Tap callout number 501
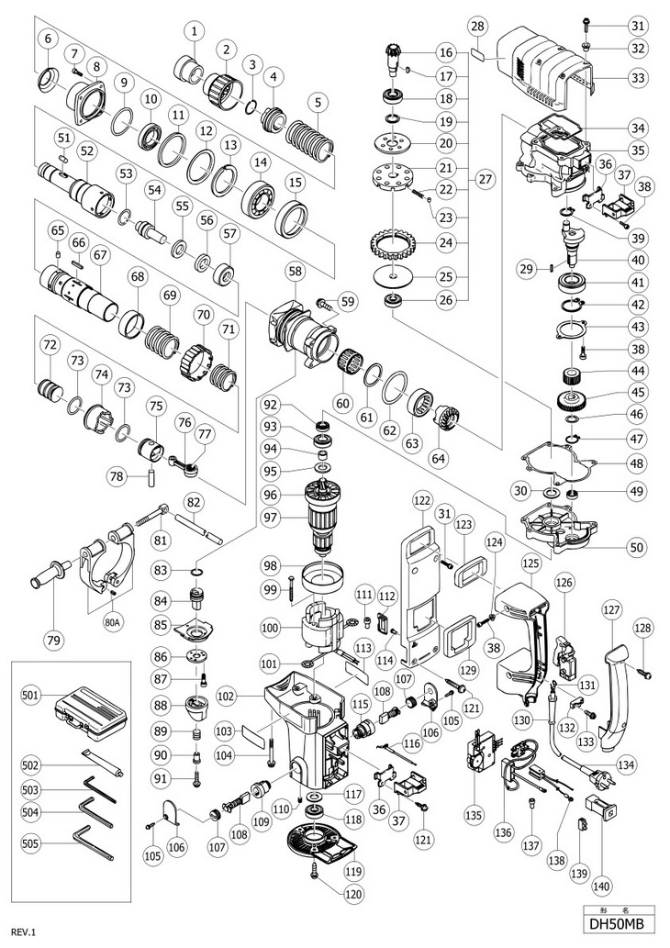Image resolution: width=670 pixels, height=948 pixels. coord(31,697)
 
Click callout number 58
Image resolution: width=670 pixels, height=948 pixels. coord(295,273)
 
